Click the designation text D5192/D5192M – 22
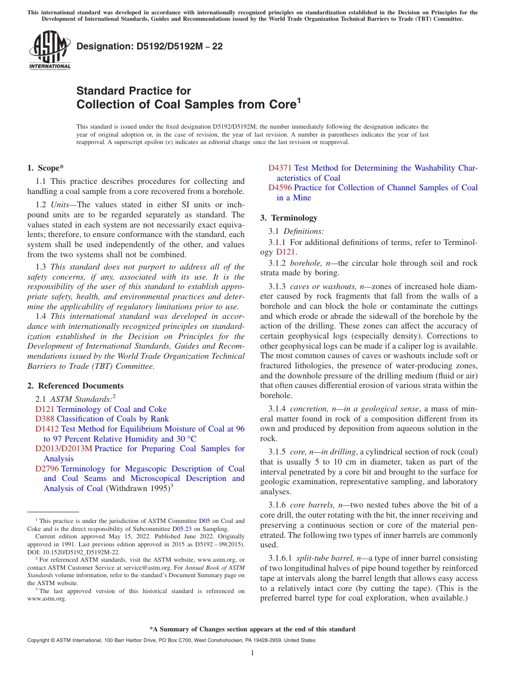[x=149, y=47]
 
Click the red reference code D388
[x=45, y=419]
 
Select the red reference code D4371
[x=280, y=168]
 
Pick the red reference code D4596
[x=280, y=188]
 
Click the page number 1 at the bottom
[x=252, y=653]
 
